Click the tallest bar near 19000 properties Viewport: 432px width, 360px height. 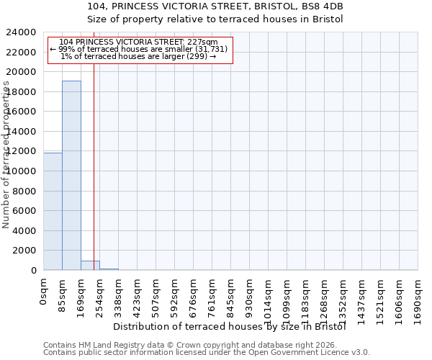click(71, 175)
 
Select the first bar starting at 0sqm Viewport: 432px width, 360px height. click(53, 211)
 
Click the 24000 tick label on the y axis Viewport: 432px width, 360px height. click(21, 32)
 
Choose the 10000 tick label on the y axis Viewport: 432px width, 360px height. click(21, 171)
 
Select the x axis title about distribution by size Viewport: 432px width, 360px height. click(230, 326)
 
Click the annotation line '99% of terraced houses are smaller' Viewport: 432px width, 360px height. click(139, 49)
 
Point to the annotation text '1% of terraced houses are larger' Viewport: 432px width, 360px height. click(139, 56)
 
